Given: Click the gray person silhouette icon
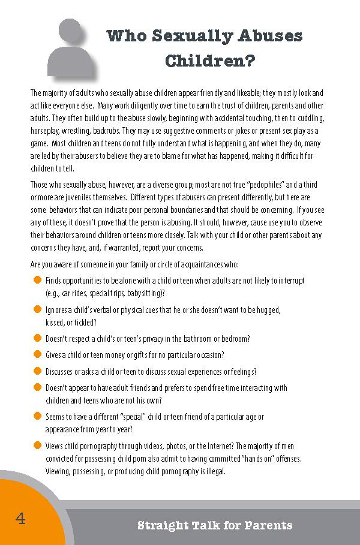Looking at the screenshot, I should pos(71,48).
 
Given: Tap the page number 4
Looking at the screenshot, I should pos(20,519).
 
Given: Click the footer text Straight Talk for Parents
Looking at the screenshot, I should pos(215,526).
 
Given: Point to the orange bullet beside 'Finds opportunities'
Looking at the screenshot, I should pos(37,281).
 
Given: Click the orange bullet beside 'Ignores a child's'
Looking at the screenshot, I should pos(37,310).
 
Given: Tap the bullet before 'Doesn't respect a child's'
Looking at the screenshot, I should pos(37,339).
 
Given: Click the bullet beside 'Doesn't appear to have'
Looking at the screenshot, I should pos(37,388).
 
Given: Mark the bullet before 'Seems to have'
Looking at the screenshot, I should pos(37,416).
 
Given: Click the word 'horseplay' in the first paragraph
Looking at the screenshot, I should pos(44,130).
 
